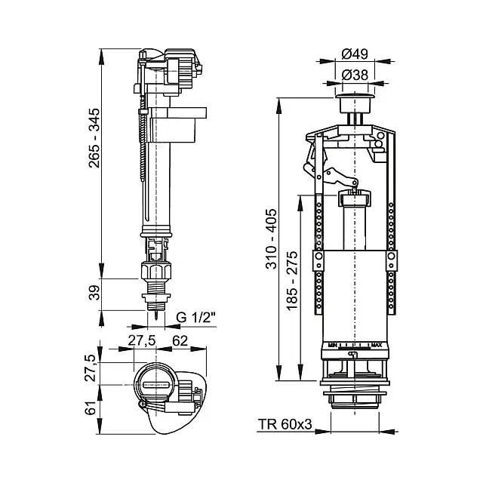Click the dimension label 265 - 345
(x=94, y=137)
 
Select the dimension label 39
(x=94, y=293)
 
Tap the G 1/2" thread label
(x=196, y=317)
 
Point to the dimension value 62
(x=180, y=340)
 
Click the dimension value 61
(x=91, y=408)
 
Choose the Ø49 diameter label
(x=355, y=54)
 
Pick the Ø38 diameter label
(x=355, y=75)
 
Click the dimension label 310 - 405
(x=272, y=238)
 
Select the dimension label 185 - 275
(x=292, y=280)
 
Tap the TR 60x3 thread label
(x=285, y=424)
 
